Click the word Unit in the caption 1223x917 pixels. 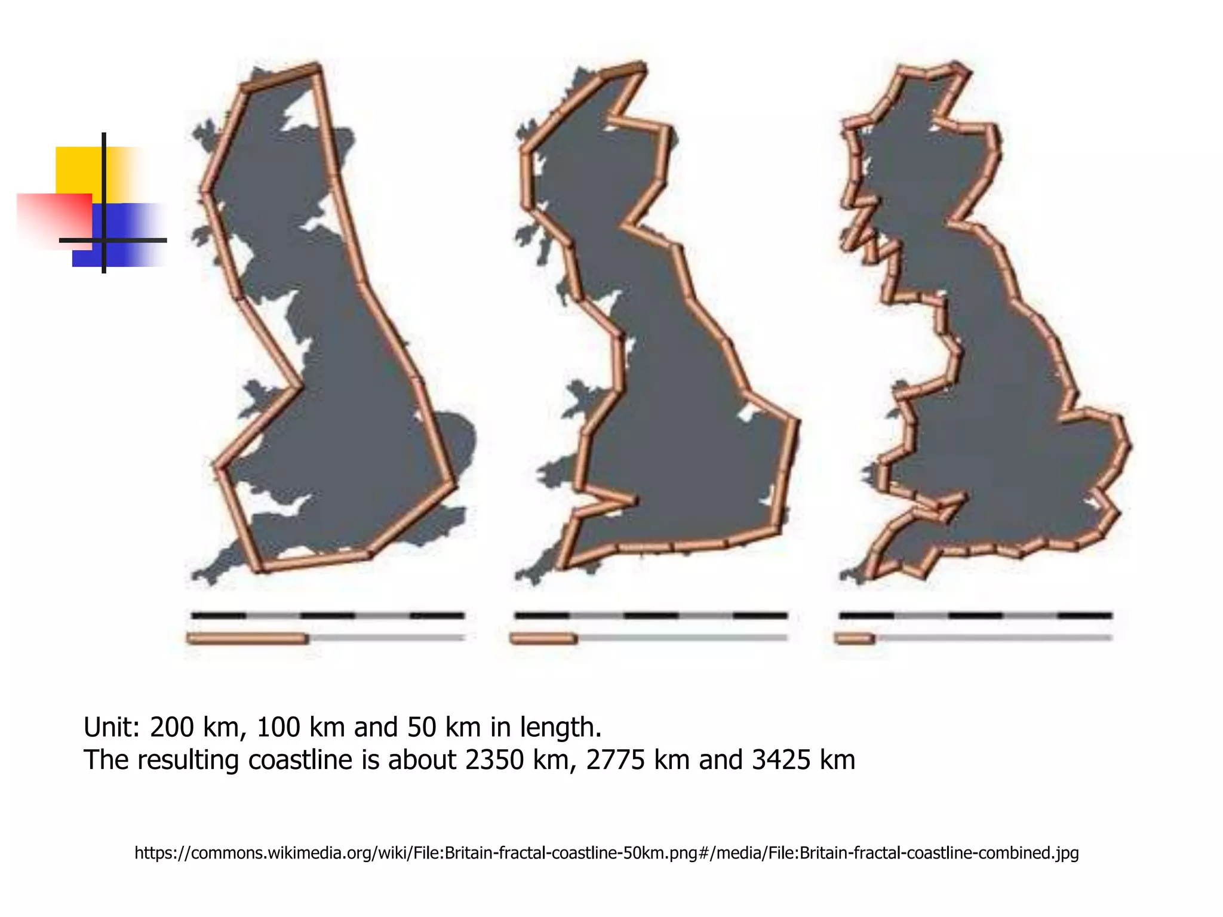[111, 727]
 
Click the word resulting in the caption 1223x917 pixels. [189, 760]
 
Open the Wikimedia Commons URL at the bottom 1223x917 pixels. [606, 853]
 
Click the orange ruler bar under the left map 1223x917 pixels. [247, 638]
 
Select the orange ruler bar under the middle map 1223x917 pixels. [543, 638]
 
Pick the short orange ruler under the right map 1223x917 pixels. [855, 638]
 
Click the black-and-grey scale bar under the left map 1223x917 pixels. [327, 615]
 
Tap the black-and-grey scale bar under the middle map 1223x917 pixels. [651, 615]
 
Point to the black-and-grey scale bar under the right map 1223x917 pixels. [975, 615]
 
